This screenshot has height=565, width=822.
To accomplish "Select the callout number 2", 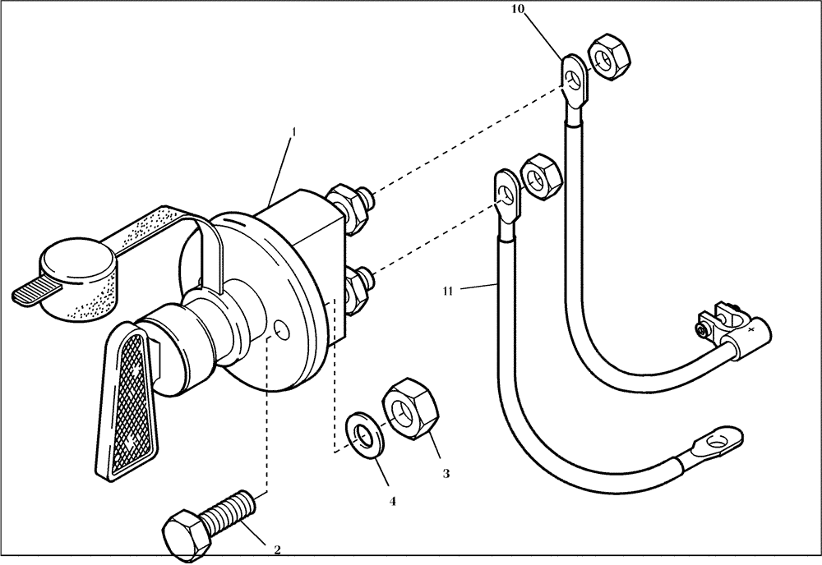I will pos(277,549).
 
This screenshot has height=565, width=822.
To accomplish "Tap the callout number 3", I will pos(446,474).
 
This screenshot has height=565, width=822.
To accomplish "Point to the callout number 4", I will pos(393,500).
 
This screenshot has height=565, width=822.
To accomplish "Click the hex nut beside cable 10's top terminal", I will pos(608,57).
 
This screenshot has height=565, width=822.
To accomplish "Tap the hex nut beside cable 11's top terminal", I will pos(542,176).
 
